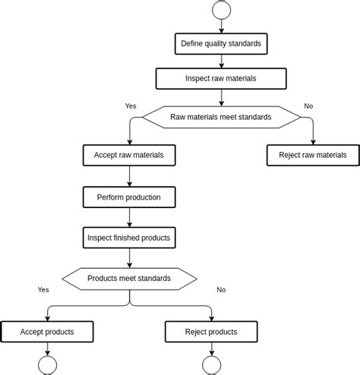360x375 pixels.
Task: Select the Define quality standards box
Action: coord(221,43)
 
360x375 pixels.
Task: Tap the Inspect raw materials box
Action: coord(221,78)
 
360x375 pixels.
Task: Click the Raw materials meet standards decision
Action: coord(221,117)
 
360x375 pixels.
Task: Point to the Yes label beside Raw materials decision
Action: coord(131,106)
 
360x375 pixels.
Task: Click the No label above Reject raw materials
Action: coord(308,106)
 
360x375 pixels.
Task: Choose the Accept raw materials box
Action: coord(129,155)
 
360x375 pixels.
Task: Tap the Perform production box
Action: coord(129,197)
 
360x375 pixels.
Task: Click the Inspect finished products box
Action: coord(129,238)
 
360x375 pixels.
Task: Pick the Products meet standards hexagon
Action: coord(129,278)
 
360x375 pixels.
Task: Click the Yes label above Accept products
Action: coord(43,289)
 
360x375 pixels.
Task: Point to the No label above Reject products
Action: coord(221,289)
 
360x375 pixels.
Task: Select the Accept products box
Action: coord(47,332)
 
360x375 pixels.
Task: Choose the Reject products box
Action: coord(211,332)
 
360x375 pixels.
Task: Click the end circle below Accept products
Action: coord(47,366)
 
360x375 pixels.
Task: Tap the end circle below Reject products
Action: coord(211,366)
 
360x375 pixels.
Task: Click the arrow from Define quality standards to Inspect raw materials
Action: coord(221,61)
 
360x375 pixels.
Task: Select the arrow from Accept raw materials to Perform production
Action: coord(129,176)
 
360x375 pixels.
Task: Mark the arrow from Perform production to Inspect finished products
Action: coord(129,218)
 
